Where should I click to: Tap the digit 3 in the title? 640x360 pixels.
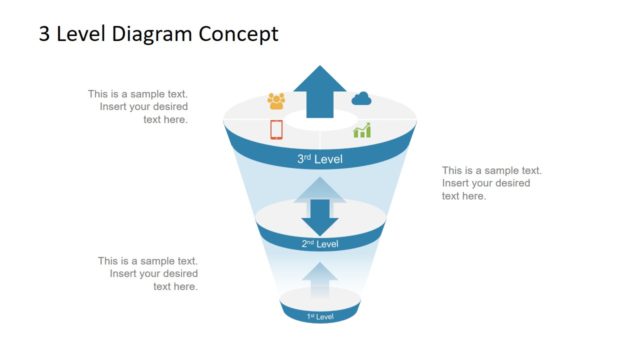pos(45,34)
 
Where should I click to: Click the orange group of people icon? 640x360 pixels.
pos(276,101)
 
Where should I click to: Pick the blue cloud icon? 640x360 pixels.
pos(361,98)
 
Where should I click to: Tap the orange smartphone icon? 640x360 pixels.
pos(276,129)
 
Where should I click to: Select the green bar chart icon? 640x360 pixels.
pos(361,130)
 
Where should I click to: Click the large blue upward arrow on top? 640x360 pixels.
pos(320,90)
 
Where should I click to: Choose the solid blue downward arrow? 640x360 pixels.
pos(320,216)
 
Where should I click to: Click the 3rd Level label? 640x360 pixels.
pos(319,159)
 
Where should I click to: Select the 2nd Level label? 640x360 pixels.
pos(320,244)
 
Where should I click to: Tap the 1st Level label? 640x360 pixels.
pos(320,316)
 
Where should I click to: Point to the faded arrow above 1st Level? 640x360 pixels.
pos(320,281)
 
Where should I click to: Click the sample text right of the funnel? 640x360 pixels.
pos(492,183)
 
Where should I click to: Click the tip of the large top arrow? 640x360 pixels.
pos(320,67)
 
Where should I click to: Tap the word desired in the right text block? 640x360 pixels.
pos(510,183)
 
